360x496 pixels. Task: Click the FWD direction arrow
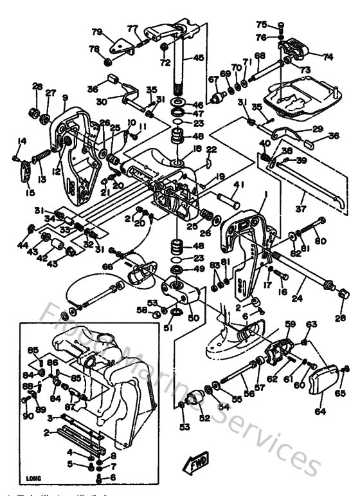(194, 460)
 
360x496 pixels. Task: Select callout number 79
(97, 32)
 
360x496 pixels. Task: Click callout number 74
(328, 57)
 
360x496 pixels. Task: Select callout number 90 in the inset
(28, 416)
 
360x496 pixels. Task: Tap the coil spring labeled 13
(40, 156)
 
